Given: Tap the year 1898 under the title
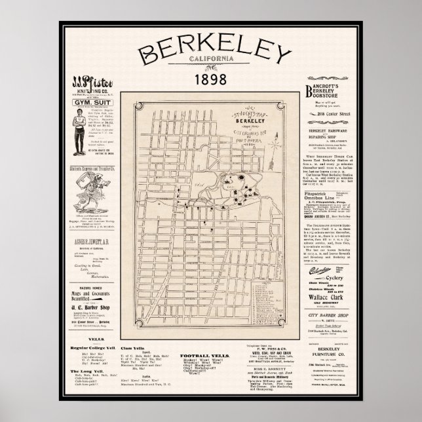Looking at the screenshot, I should [211, 81].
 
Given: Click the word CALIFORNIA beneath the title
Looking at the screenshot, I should [211, 63].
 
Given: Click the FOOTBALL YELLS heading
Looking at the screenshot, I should [207, 353].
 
